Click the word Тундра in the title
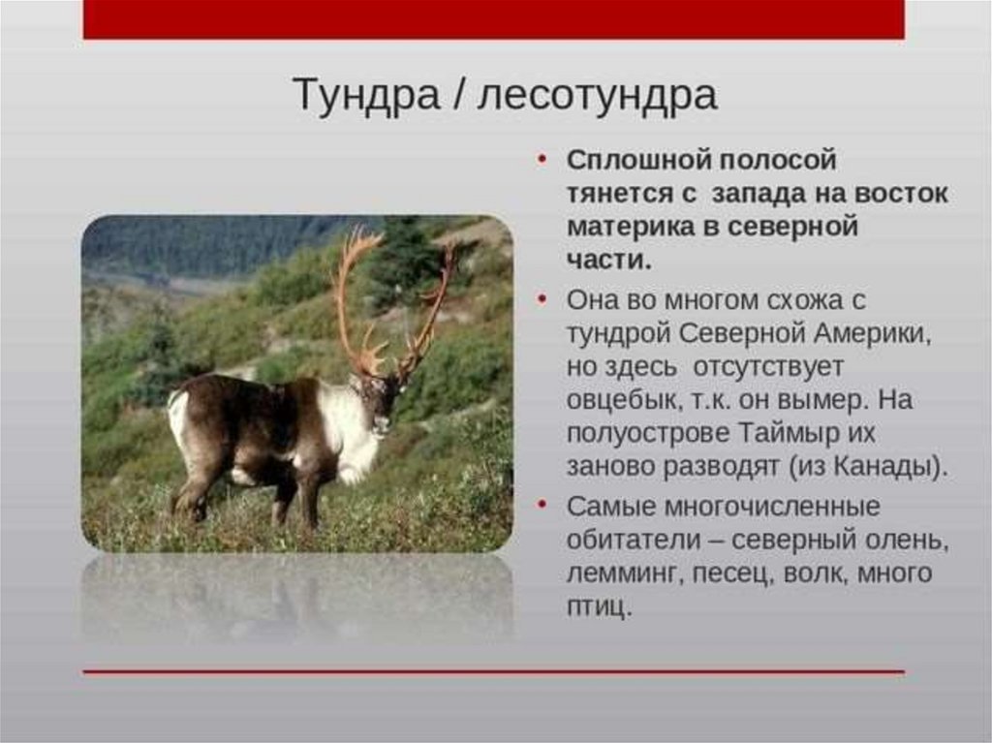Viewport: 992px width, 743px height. coord(366,96)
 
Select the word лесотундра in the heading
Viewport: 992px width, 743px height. coord(597,96)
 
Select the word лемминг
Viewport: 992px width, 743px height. coord(621,573)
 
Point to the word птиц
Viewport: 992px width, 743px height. coord(599,607)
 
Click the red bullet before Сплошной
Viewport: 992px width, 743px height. coord(542,160)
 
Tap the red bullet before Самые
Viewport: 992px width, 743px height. coord(542,505)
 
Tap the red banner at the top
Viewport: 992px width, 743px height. coord(493,19)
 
